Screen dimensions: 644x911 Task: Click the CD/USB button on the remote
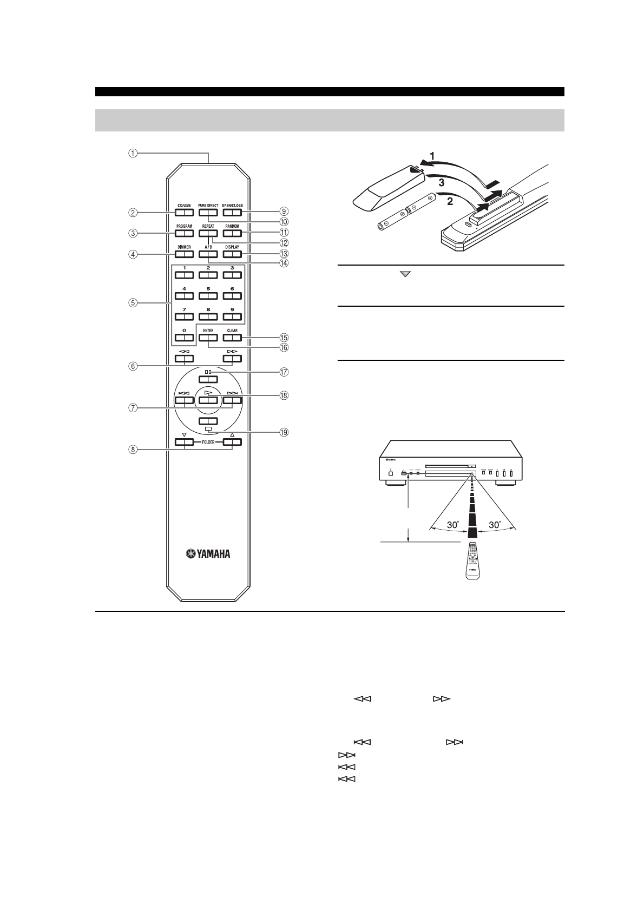[x=184, y=213]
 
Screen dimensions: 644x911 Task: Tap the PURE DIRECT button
[x=208, y=213]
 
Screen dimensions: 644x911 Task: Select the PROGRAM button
[x=184, y=234]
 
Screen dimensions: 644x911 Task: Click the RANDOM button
[x=232, y=234]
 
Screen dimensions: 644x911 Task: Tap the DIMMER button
[x=184, y=254]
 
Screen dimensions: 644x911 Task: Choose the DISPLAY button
[x=232, y=254]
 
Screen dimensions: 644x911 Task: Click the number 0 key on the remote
[x=184, y=338]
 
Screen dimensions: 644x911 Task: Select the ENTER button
[x=208, y=338]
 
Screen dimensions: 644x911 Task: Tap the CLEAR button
[x=232, y=338]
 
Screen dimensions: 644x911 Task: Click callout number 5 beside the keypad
[x=132, y=303]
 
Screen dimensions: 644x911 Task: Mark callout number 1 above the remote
[x=132, y=153]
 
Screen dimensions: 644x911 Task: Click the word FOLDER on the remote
[x=208, y=442]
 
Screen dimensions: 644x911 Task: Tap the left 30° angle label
[x=452, y=525]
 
